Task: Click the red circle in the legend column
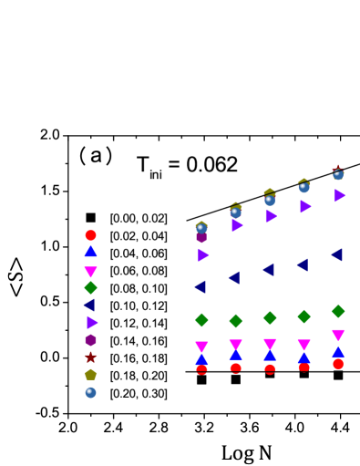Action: coord(91,235)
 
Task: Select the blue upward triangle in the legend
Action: coord(91,251)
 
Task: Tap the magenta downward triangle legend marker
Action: coord(91,272)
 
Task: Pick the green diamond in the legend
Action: coord(91,288)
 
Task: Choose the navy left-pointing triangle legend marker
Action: coord(89,305)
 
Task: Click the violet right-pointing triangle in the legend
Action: coord(92,322)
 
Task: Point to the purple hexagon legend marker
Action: coord(91,340)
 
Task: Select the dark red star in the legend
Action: coord(91,357)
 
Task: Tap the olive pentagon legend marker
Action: coord(91,374)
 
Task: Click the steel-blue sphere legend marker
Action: coord(91,392)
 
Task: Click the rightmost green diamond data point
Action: coord(338,311)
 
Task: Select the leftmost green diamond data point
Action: coord(201,320)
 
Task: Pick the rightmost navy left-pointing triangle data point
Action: coord(336,254)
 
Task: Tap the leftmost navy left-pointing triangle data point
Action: coord(200,286)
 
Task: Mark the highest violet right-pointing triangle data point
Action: coord(339,195)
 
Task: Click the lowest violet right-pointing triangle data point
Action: coord(203,255)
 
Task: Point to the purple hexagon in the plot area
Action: coord(201,237)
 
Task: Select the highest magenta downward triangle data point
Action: coord(338,335)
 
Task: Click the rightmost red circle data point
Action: coord(338,364)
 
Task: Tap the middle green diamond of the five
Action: coord(270,317)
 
